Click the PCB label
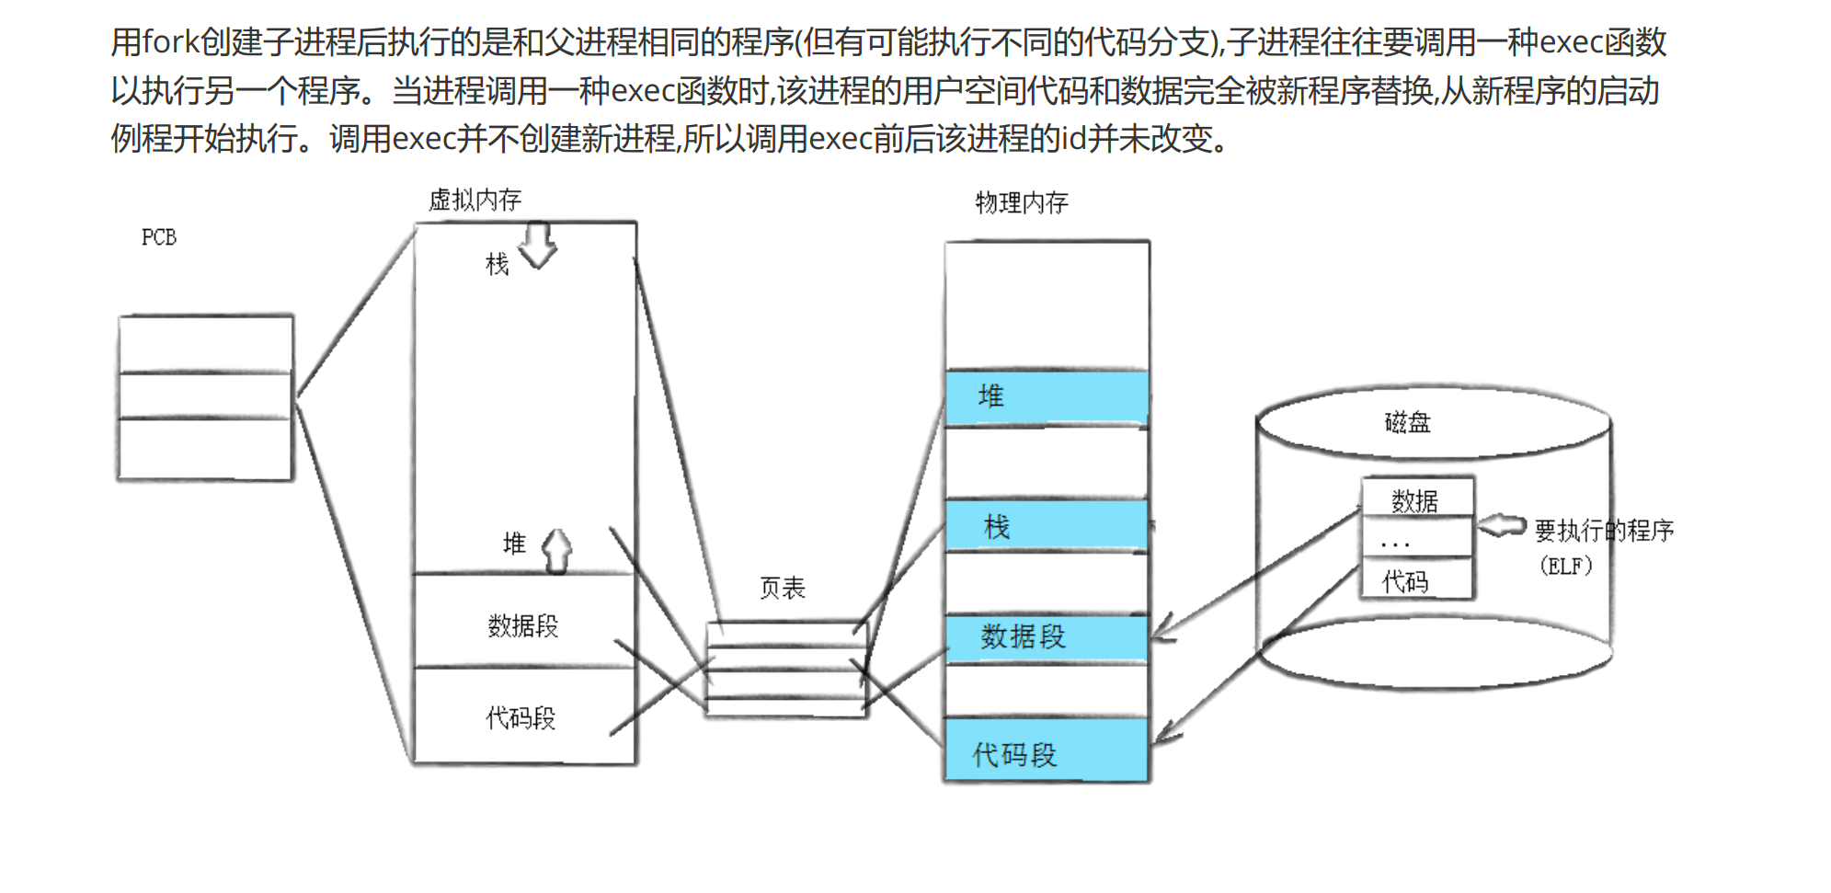[158, 237]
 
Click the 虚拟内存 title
[475, 200]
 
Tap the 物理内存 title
[1022, 202]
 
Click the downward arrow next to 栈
[538, 246]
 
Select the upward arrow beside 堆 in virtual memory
[556, 551]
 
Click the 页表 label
[782, 588]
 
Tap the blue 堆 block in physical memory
[1047, 397]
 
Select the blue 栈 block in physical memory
[1047, 526]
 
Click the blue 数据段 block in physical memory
[1047, 636]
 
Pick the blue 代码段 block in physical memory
[1047, 751]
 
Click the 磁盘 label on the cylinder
[1407, 422]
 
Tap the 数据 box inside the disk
[1416, 499]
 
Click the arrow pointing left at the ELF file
[1501, 526]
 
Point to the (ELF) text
[1566, 566]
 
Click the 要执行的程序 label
[1604, 530]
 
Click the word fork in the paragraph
[170, 42]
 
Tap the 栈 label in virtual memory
[497, 265]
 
